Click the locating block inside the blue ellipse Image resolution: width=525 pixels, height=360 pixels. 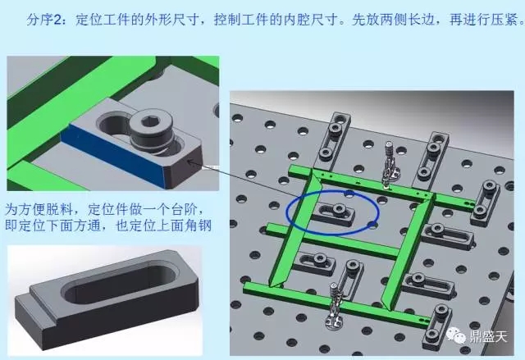[334, 213]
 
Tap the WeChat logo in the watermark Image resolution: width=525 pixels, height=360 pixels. [456, 335]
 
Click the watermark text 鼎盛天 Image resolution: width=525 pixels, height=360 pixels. [489, 336]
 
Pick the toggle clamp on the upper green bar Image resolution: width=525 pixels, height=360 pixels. [390, 164]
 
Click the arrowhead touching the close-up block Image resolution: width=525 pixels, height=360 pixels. [190, 162]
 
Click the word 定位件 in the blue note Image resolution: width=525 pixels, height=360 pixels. [108, 210]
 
